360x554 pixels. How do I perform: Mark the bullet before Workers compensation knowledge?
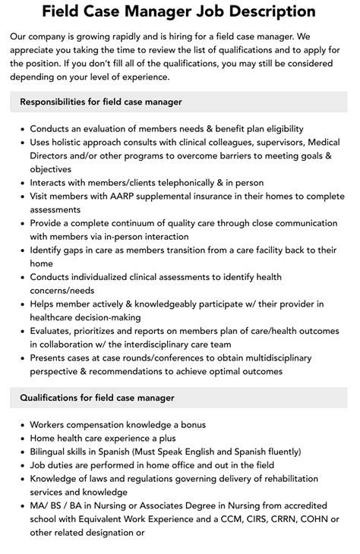21,425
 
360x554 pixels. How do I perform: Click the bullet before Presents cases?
21,358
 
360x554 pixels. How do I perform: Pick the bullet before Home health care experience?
21,439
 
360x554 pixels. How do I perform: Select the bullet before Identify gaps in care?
21,250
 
